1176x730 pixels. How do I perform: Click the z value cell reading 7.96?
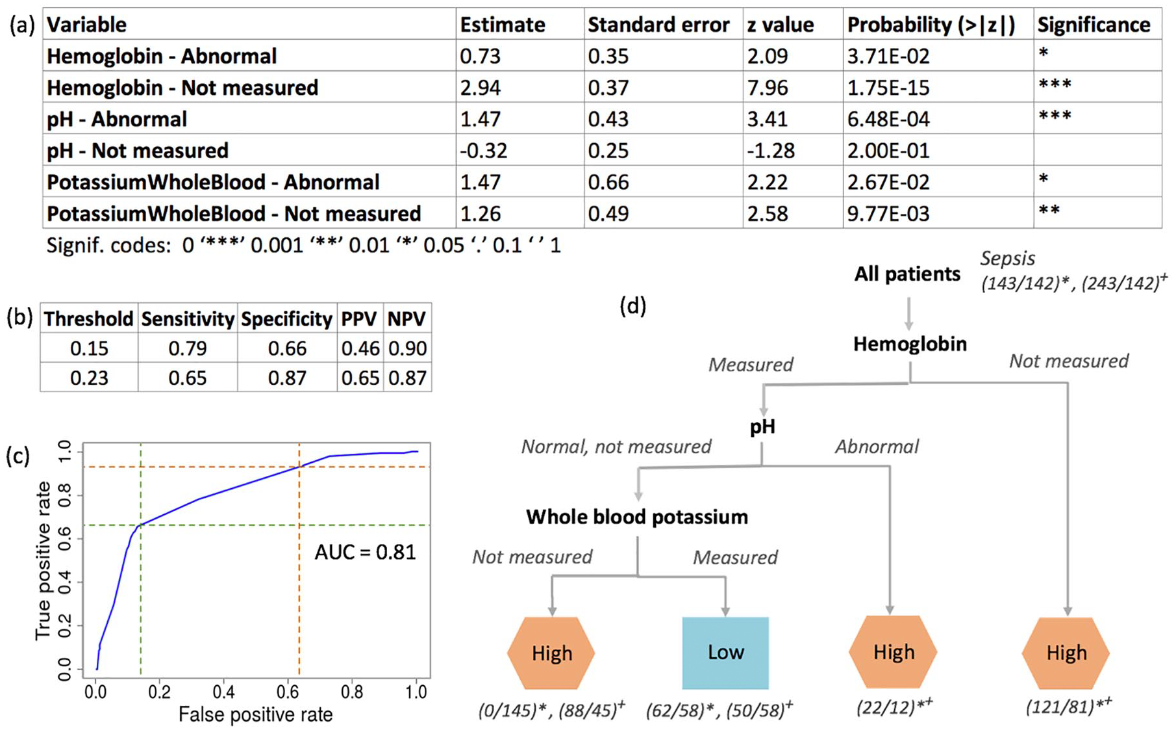[768, 87]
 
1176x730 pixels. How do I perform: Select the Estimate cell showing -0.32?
[483, 150]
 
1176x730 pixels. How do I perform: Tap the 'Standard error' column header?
[658, 25]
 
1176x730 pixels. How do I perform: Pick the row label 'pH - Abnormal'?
[117, 119]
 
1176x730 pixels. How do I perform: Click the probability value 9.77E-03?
[888, 213]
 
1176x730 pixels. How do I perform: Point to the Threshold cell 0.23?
[89, 378]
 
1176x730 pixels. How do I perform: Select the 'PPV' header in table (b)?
[359, 319]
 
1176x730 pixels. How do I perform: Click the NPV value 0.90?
[407, 348]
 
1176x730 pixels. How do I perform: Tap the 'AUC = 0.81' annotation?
[365, 552]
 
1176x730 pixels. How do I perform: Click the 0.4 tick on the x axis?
[223, 692]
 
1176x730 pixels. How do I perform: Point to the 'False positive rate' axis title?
[255, 715]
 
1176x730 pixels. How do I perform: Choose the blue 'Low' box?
[725, 653]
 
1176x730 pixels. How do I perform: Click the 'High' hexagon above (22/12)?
[893, 652]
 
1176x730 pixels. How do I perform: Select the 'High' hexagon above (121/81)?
[1066, 652]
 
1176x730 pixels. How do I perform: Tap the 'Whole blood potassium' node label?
[636, 517]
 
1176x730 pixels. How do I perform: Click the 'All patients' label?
[907, 274]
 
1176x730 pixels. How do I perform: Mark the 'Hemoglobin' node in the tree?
[909, 344]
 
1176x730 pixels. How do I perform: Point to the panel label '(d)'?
[632, 306]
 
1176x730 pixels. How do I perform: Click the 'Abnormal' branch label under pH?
[877, 447]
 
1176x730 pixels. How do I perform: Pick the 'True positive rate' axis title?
[44, 560]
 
